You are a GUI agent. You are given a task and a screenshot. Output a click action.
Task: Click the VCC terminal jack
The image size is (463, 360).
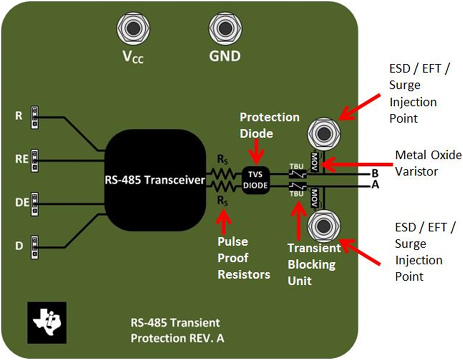tap(133, 29)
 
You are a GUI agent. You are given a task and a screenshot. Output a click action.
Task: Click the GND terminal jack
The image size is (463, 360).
tap(224, 29)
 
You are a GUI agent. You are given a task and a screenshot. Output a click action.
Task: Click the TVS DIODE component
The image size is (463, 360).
tap(255, 179)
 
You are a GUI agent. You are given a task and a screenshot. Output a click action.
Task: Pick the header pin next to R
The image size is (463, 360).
tap(35, 117)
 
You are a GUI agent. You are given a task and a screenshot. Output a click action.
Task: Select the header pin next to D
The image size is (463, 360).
tap(35, 246)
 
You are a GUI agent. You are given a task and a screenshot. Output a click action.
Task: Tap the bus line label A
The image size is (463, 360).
tap(375, 186)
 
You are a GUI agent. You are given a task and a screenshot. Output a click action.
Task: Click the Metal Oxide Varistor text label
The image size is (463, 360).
tap(428, 163)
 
